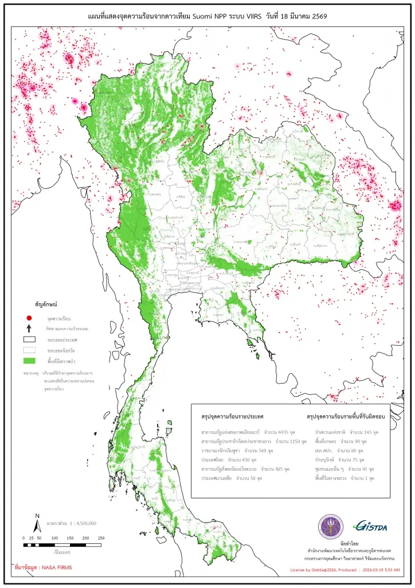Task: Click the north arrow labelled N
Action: coord(37,523)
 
